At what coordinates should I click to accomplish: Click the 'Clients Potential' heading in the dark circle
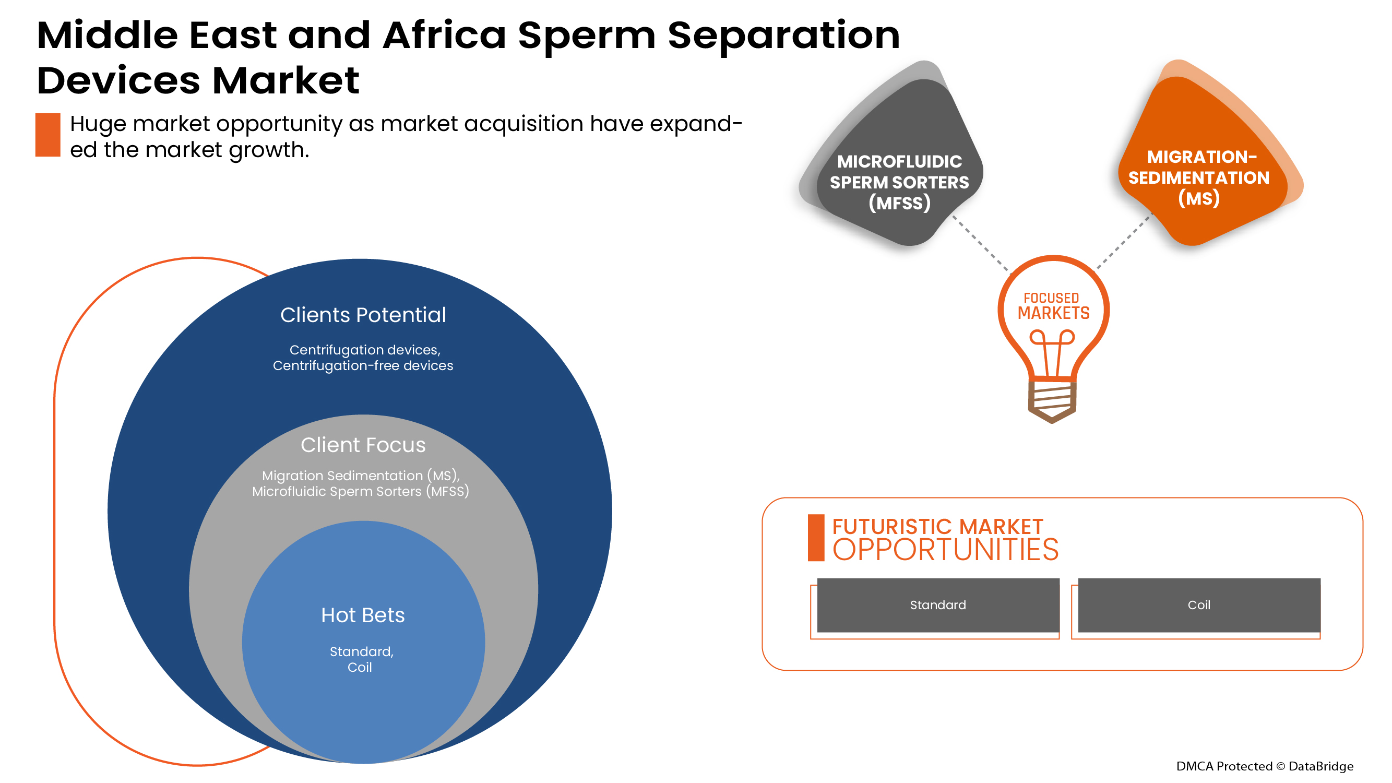pos(363,315)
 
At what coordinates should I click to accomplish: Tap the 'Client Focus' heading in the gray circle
pos(363,445)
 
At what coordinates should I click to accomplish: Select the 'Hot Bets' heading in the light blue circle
pos(363,615)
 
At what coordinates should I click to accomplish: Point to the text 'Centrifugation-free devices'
pos(363,366)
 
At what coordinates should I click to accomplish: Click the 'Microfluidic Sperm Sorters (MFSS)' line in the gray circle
pos(361,492)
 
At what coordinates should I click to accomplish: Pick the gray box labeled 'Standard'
pos(937,605)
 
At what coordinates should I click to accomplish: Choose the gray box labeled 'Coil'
pos(1198,605)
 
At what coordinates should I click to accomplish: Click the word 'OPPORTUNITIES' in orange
pos(945,550)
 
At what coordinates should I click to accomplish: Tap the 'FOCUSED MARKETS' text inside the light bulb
pos(1053,306)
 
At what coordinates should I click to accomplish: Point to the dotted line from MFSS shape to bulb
pos(980,243)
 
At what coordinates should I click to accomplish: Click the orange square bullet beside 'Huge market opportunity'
pos(47,135)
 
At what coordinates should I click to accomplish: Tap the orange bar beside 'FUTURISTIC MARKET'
pos(815,538)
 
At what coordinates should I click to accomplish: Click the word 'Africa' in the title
pos(444,35)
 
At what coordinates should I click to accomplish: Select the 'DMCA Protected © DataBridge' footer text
pos(1265,766)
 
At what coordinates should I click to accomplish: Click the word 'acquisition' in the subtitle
pos(524,124)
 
